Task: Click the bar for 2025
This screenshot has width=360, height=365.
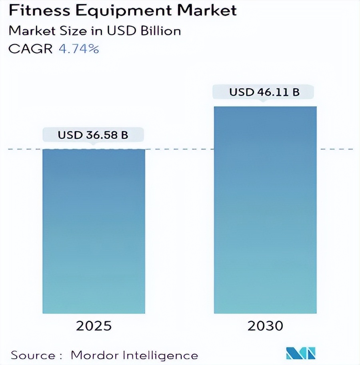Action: [x=94, y=231]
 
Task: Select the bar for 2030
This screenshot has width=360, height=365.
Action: [x=265, y=210]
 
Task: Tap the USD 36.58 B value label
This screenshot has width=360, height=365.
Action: [x=93, y=135]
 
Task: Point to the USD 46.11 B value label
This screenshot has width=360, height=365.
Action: [x=264, y=92]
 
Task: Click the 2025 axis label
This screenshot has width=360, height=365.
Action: [x=94, y=326]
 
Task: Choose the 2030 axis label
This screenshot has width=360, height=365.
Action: [x=265, y=326]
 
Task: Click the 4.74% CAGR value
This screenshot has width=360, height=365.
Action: [x=79, y=49]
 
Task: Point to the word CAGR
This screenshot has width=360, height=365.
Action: [x=30, y=49]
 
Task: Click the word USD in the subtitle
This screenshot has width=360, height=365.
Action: [x=120, y=30]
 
